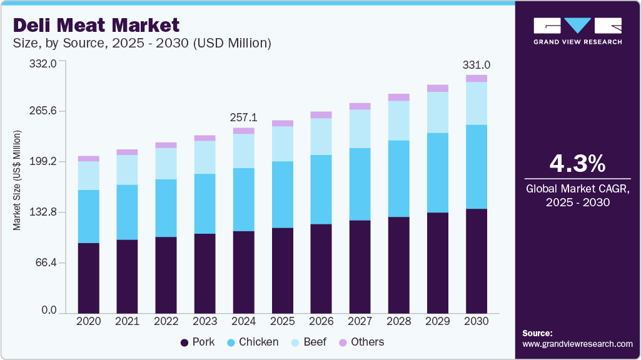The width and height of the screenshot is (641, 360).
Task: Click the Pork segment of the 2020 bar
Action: click(89, 277)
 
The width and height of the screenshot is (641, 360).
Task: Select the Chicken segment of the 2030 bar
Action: click(477, 166)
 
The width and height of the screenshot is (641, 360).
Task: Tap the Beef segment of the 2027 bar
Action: click(360, 129)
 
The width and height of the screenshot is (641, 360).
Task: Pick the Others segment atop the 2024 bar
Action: click(244, 131)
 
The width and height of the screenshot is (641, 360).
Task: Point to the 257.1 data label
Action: click(244, 117)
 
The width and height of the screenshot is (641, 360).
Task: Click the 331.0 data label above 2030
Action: click(477, 64)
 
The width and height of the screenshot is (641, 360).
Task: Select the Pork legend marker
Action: click(184, 342)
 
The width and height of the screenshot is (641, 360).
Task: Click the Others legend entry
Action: click(361, 342)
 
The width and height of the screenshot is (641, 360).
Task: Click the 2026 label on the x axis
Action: click(321, 321)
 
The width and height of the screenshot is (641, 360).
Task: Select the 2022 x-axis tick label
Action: click(166, 321)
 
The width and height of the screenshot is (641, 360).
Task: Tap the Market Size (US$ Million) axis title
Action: click(18, 181)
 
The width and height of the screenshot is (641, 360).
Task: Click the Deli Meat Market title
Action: click(96, 25)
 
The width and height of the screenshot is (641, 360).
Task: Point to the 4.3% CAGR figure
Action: click(577, 164)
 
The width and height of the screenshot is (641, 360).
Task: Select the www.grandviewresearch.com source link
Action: click(577, 344)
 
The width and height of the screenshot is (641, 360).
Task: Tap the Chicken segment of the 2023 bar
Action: click(205, 204)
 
